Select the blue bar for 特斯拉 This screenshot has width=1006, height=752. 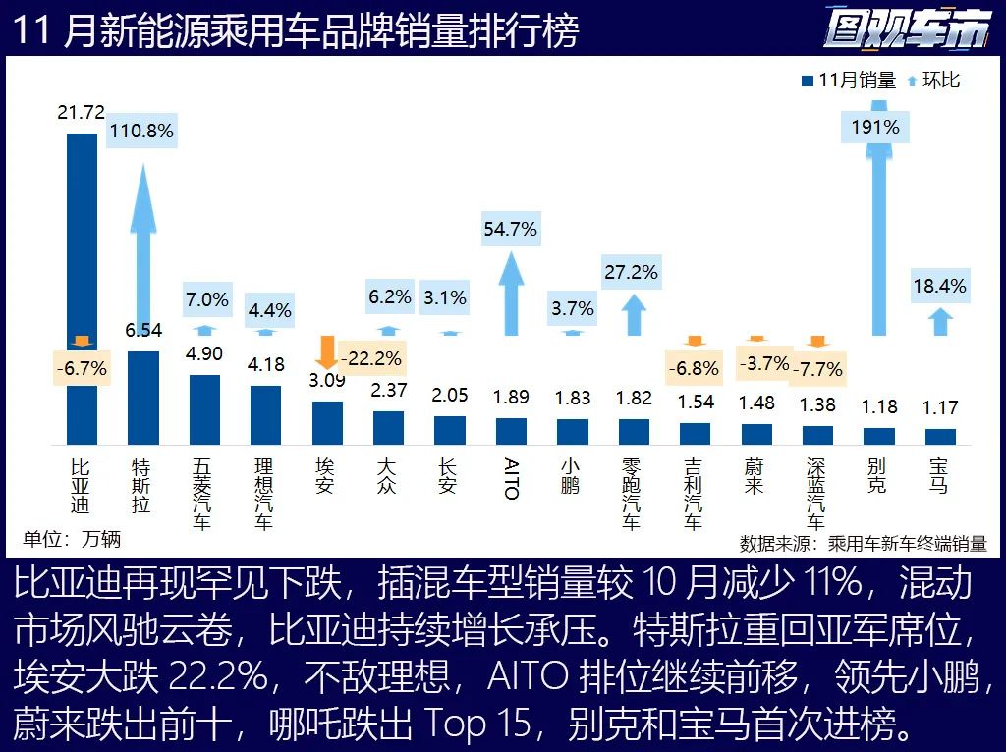click(x=143, y=398)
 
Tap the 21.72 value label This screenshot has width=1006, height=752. click(x=81, y=113)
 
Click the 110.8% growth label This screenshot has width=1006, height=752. click(x=142, y=131)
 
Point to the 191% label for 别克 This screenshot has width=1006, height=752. click(x=876, y=127)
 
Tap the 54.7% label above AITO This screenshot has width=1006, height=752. click(x=511, y=229)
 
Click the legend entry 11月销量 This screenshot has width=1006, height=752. click(x=850, y=81)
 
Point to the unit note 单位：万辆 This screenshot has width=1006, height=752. click(x=73, y=538)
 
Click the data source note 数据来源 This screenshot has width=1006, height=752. click(x=863, y=543)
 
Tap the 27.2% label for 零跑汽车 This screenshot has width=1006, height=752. click(x=632, y=272)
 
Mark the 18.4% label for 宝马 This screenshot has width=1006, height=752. click(x=939, y=287)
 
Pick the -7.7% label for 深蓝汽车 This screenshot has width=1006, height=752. click(x=817, y=369)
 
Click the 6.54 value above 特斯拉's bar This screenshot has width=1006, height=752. click(x=143, y=332)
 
